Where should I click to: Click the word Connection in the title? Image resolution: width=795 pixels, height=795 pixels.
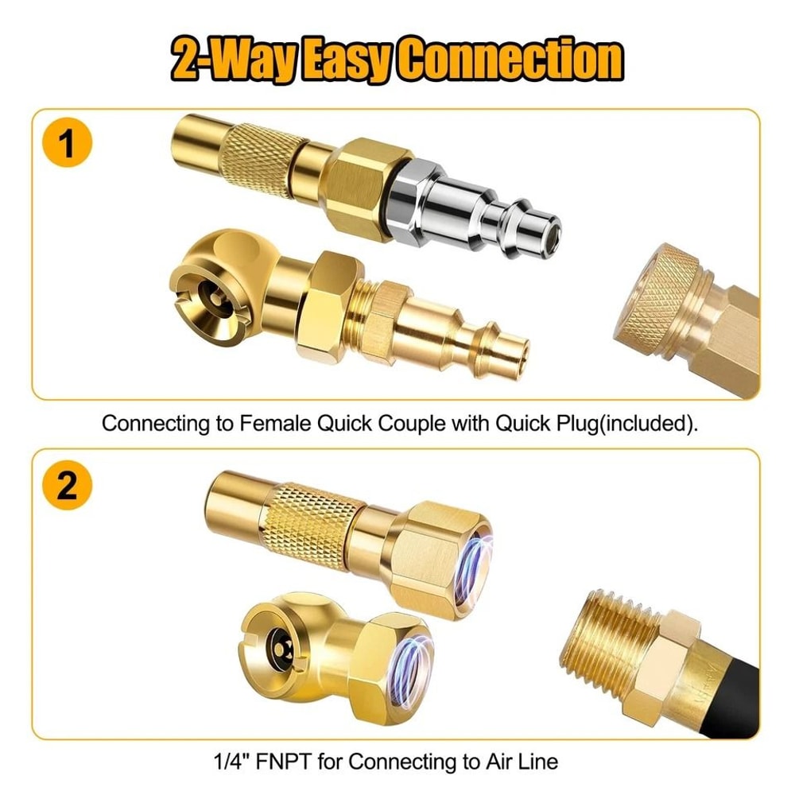point(509,60)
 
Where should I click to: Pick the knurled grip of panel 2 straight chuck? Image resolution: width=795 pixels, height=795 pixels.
point(310,517)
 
